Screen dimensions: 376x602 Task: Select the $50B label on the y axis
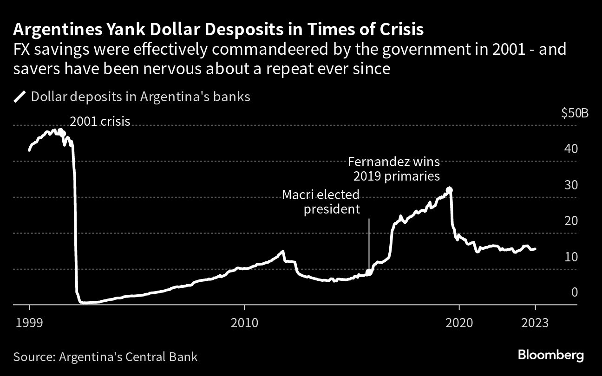(575, 113)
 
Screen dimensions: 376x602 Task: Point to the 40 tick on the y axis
(571, 149)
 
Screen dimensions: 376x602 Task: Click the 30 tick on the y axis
(571, 185)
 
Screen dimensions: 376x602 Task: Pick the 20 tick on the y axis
(571, 220)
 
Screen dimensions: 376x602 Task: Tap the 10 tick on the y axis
(571, 257)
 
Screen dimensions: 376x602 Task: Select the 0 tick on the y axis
(574, 292)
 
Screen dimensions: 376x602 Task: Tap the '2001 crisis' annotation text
(100, 122)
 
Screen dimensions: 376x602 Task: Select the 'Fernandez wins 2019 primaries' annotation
(393, 169)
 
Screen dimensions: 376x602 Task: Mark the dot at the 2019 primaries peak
(449, 190)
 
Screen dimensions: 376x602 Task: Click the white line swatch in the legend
(20, 97)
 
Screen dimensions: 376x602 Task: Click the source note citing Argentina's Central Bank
(105, 357)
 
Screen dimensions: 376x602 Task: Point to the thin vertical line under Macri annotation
(369, 244)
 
